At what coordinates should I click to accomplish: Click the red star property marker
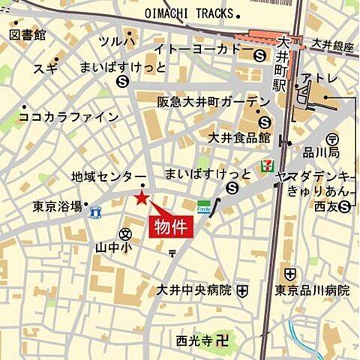[x=141, y=197]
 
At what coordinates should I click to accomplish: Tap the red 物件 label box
[x=172, y=225]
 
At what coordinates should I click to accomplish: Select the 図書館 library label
[x=28, y=34]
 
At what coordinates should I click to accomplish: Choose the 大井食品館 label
[x=239, y=137]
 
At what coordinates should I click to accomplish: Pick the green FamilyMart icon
[x=204, y=206]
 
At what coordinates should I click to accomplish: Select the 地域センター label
[x=108, y=177]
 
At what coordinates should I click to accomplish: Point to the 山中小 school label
[x=114, y=245]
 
